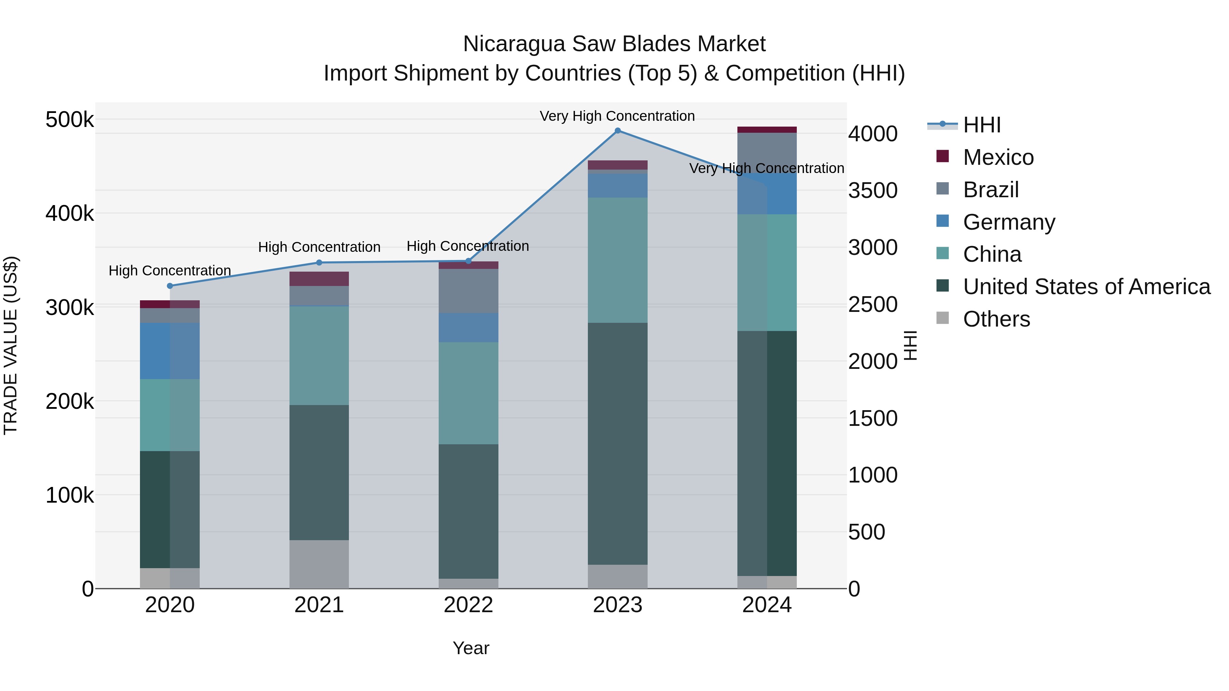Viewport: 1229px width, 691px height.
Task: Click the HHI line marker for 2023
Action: click(617, 131)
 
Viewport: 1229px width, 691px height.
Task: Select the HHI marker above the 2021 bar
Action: click(319, 263)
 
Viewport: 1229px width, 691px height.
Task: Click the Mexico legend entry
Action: click(998, 157)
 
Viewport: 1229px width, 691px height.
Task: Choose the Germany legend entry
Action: click(1008, 222)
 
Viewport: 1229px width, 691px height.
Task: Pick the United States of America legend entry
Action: click(1086, 287)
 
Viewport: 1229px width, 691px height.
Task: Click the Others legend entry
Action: click(996, 319)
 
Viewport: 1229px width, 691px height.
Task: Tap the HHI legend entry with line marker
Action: click(981, 125)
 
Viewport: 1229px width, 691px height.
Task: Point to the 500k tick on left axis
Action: click(70, 120)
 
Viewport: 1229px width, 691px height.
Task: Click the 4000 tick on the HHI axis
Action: click(873, 134)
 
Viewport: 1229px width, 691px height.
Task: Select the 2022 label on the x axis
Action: click(468, 605)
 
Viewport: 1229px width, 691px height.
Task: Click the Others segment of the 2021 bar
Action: click(319, 564)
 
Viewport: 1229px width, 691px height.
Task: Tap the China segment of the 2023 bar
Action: click(617, 260)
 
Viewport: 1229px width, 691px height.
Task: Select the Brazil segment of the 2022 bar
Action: click(468, 291)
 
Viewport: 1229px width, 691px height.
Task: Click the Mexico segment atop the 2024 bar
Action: click(767, 130)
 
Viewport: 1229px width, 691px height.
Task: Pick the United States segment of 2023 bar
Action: click(617, 444)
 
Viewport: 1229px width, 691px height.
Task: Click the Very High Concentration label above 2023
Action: click(617, 116)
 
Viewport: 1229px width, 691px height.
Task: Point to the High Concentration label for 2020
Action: click(170, 270)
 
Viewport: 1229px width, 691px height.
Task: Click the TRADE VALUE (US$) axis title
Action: click(11, 345)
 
